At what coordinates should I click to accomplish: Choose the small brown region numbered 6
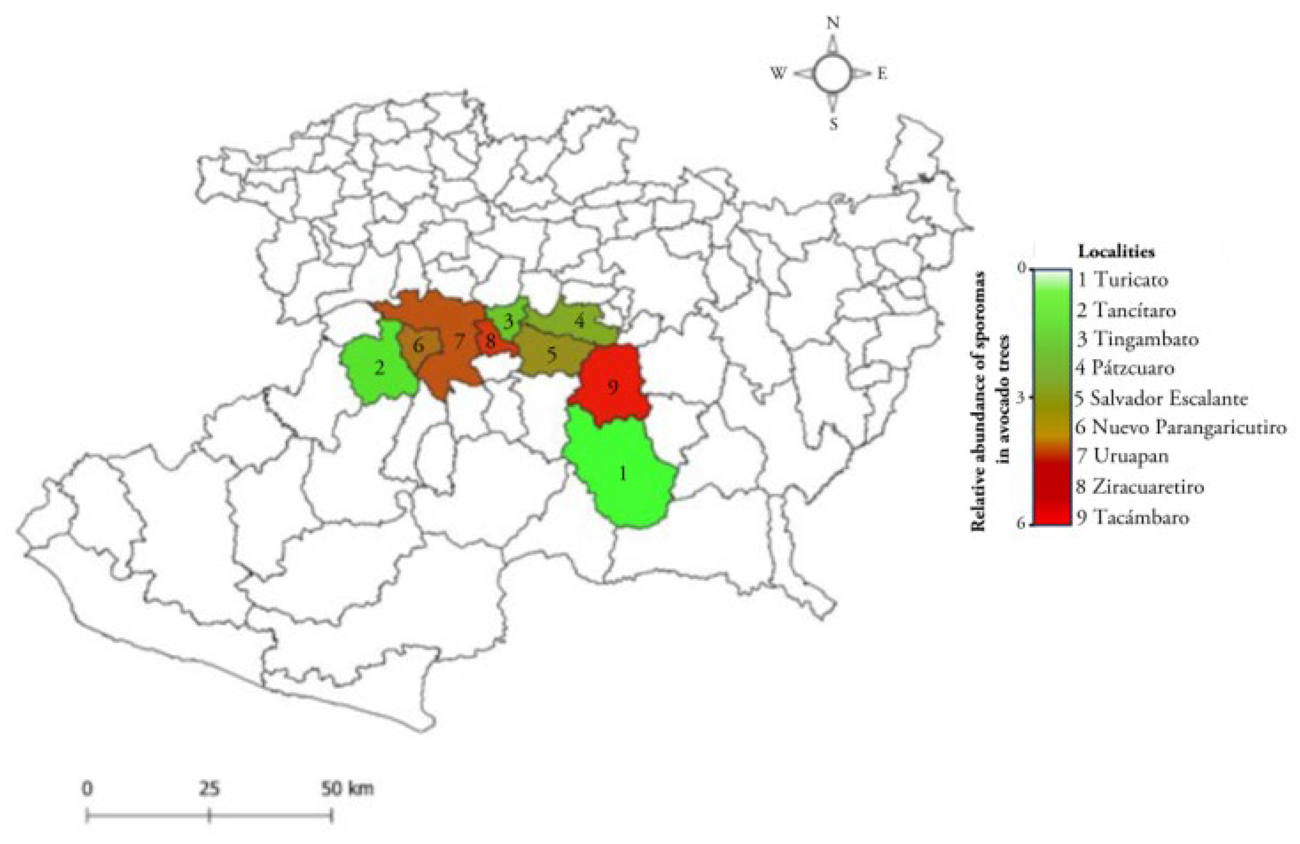[419, 346]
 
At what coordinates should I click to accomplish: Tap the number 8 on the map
[490, 342]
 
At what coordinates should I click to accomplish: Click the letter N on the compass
[833, 23]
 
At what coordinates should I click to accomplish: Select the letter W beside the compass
[778, 74]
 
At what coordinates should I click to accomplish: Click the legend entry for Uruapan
[1123, 456]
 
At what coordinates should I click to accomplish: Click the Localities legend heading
[1116, 252]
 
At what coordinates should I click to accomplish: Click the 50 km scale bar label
[347, 789]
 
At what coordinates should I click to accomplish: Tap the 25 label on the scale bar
[209, 789]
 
